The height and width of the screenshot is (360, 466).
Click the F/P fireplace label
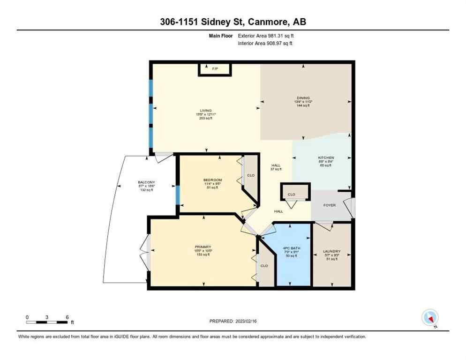pyautogui.click(x=215, y=69)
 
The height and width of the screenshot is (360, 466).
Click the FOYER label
pyautogui.click(x=330, y=205)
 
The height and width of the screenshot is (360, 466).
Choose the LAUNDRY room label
pyautogui.click(x=331, y=252)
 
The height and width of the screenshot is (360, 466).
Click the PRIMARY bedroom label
pyautogui.click(x=203, y=247)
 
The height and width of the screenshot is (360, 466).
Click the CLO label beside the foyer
pyautogui.click(x=292, y=194)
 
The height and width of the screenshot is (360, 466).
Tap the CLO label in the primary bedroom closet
pyautogui.click(x=264, y=266)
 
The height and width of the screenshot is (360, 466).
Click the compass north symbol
pyautogui.click(x=430, y=318)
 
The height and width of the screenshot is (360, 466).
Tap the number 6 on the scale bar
pyautogui.click(x=68, y=317)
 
